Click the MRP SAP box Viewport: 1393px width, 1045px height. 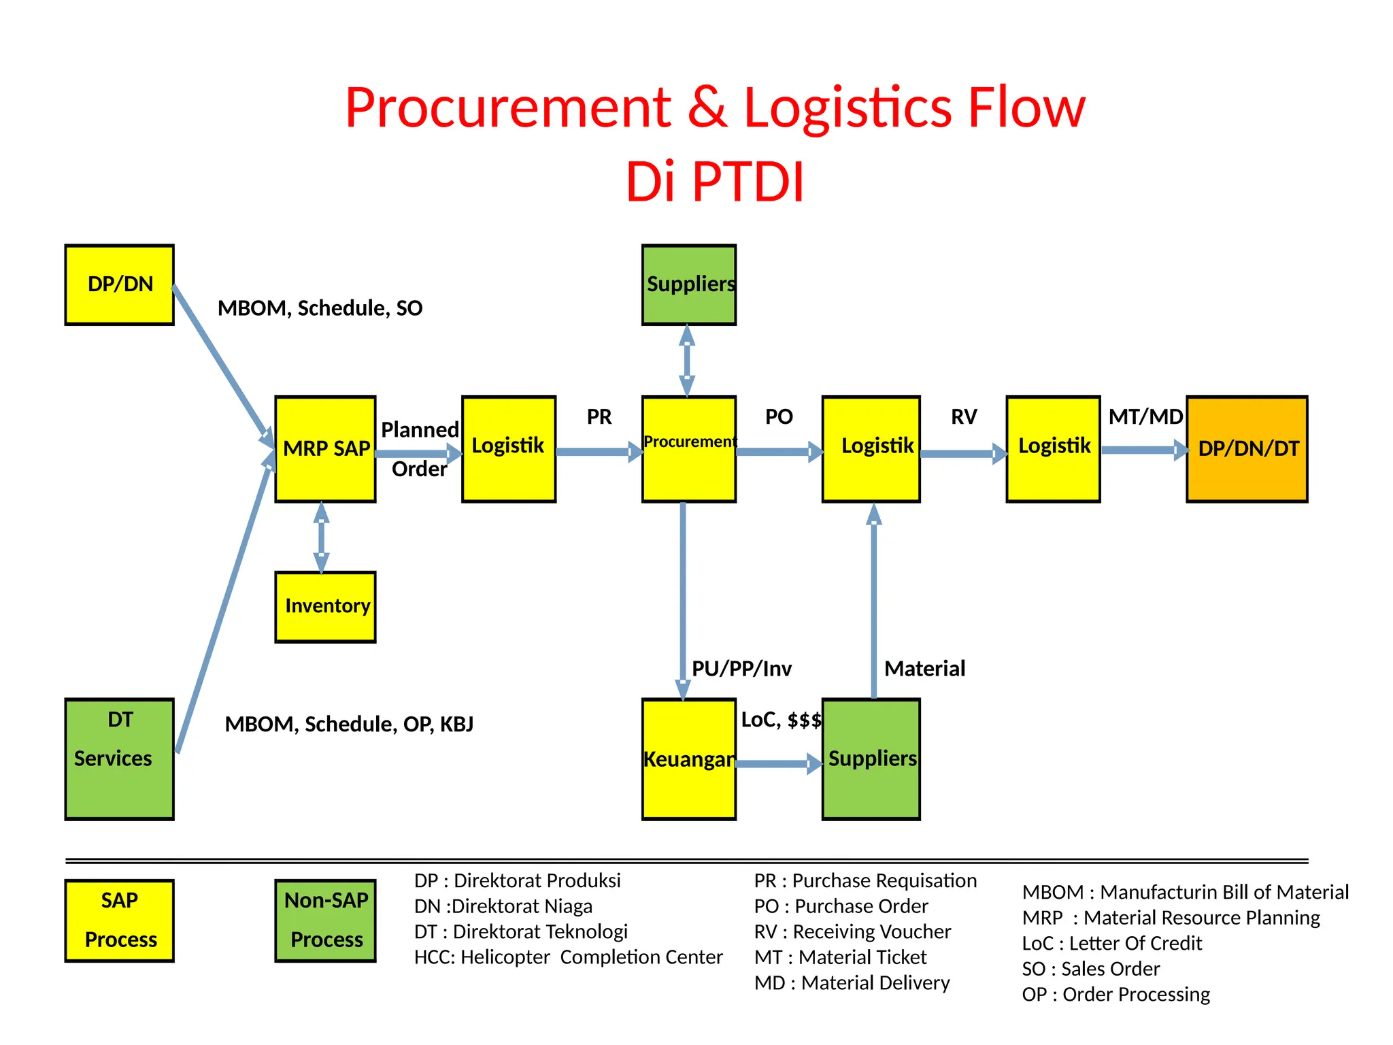[x=325, y=449]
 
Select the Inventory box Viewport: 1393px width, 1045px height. [x=325, y=607]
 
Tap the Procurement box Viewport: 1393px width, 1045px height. [x=688, y=449]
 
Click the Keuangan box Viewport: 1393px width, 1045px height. [x=688, y=759]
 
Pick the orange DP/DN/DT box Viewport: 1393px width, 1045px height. [x=1247, y=449]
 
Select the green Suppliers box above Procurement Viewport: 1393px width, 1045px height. [x=688, y=284]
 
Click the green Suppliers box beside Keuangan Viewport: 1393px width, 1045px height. [x=871, y=759]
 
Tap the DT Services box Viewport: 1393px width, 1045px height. [x=119, y=759]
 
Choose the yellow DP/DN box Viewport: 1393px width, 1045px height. [x=119, y=284]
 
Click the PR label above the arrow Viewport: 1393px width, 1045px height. [x=599, y=416]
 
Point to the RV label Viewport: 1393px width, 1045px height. [x=964, y=416]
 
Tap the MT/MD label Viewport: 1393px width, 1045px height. [x=1145, y=416]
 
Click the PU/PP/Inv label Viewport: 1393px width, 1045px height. [x=741, y=668]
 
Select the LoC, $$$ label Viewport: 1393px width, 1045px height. [x=781, y=720]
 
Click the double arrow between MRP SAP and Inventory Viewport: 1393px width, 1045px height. [x=322, y=537]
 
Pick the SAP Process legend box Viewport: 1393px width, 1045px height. [x=119, y=920]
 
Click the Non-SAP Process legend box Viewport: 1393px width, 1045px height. [x=325, y=920]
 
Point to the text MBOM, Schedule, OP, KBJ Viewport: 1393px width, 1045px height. [x=349, y=724]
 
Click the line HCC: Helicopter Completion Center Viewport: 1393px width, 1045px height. [x=568, y=957]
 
